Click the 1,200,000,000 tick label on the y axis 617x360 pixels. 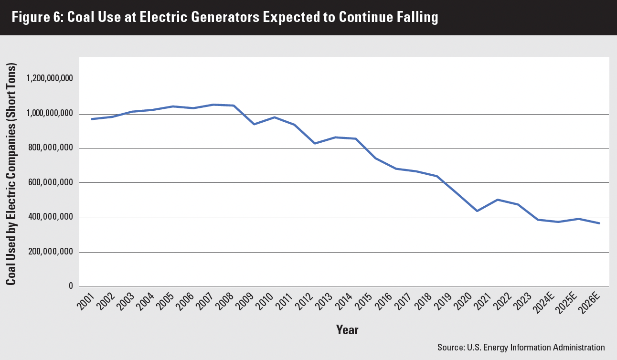click(x=50, y=79)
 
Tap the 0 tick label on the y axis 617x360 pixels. click(x=70, y=286)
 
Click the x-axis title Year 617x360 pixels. click(x=347, y=329)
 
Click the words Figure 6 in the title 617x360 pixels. click(x=36, y=18)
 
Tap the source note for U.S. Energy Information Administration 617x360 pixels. click(x=521, y=347)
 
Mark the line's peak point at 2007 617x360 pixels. click(x=213, y=105)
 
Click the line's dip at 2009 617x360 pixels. click(x=254, y=124)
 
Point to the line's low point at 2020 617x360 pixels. click(x=477, y=211)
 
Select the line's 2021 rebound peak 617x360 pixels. click(x=498, y=200)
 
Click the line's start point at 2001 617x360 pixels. click(x=92, y=119)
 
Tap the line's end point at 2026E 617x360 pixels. click(x=599, y=223)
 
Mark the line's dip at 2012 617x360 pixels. click(x=315, y=143)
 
